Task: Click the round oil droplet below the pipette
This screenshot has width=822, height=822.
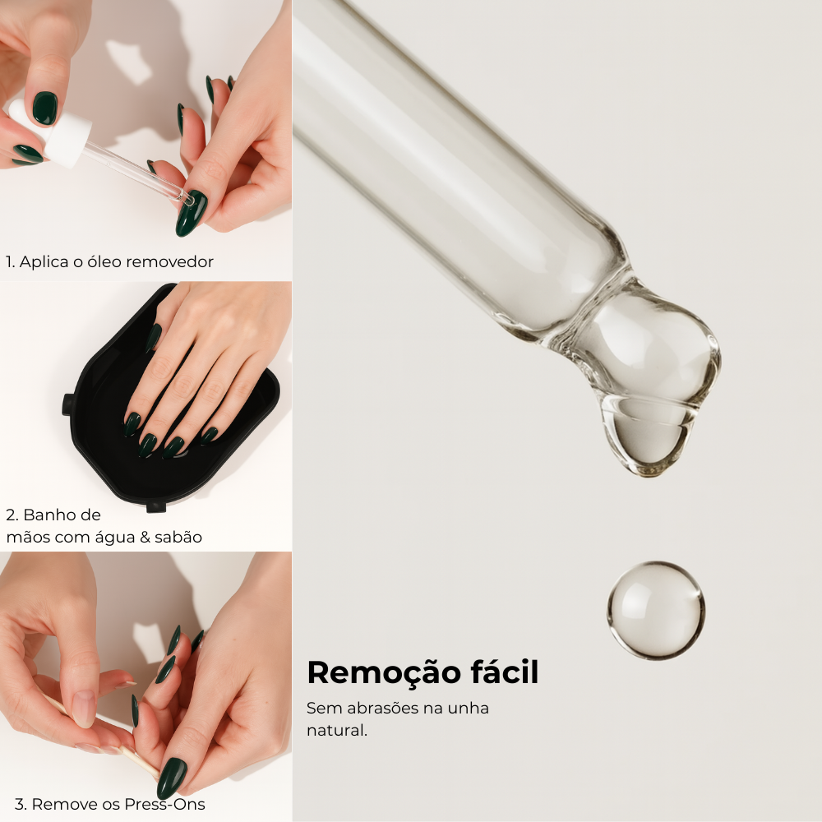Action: [x=656, y=610]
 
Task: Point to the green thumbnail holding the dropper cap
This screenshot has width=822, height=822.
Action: [x=44, y=108]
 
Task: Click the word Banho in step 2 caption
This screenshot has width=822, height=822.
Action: [x=62, y=515]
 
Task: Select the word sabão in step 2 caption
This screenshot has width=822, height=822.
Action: [x=178, y=538]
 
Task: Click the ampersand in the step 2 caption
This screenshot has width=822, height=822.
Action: [x=145, y=538]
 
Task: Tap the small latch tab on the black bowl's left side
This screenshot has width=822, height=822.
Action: [x=67, y=404]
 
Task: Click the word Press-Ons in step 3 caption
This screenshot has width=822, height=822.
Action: [x=164, y=804]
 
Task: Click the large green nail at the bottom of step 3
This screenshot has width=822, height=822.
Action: [x=172, y=778]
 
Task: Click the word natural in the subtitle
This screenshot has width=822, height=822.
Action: [x=336, y=730]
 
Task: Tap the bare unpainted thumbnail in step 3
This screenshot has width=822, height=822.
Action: [x=84, y=709]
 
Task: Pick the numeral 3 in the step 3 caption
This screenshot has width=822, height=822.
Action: [x=20, y=804]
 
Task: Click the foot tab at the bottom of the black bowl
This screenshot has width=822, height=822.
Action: [x=155, y=507]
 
